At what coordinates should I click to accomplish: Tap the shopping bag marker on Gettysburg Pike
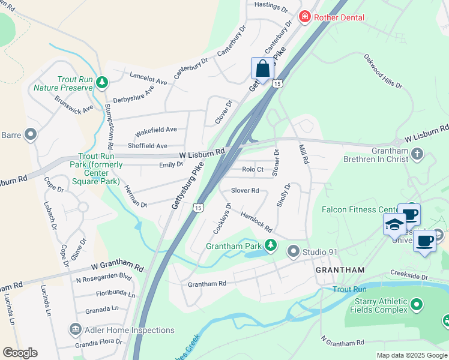tap(263, 68)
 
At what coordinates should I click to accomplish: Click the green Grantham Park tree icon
tap(271, 245)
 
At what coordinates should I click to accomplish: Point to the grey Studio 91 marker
tap(294, 250)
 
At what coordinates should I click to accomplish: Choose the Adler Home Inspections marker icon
tap(75, 329)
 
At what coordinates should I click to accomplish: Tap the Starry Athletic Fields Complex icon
tap(417, 306)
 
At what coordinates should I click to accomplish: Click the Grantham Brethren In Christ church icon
tap(418, 155)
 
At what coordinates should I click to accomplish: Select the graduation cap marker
tap(395, 224)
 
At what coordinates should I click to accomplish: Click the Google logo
tap(20, 353)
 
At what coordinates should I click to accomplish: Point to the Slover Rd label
tap(245, 191)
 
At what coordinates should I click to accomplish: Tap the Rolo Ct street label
tap(253, 170)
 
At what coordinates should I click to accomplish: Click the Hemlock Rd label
tap(256, 223)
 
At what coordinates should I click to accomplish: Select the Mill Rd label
tap(304, 153)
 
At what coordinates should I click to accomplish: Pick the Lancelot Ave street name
tap(148, 77)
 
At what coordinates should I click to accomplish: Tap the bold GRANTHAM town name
tap(341, 271)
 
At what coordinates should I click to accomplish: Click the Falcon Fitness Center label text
tap(359, 209)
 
